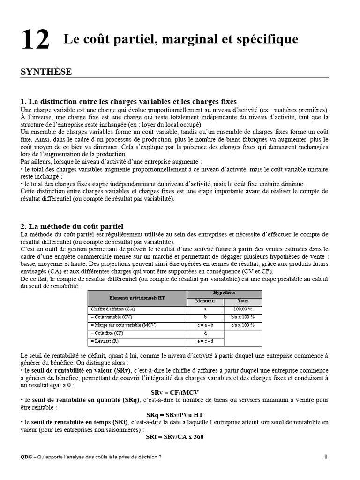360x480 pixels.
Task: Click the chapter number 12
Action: [x=35, y=41]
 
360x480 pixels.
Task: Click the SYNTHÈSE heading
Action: [x=46, y=72]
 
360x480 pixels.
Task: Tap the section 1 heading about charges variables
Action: [x=129, y=101]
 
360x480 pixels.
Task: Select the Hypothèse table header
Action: [x=224, y=292]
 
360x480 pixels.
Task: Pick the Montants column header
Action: [x=205, y=301]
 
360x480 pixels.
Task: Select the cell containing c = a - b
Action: [x=205, y=325]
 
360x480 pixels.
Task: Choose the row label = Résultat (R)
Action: [x=105, y=341]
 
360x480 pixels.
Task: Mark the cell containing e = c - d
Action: [x=205, y=341]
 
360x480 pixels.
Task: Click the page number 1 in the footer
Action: [x=326, y=457]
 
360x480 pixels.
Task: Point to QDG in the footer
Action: [x=26, y=457]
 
